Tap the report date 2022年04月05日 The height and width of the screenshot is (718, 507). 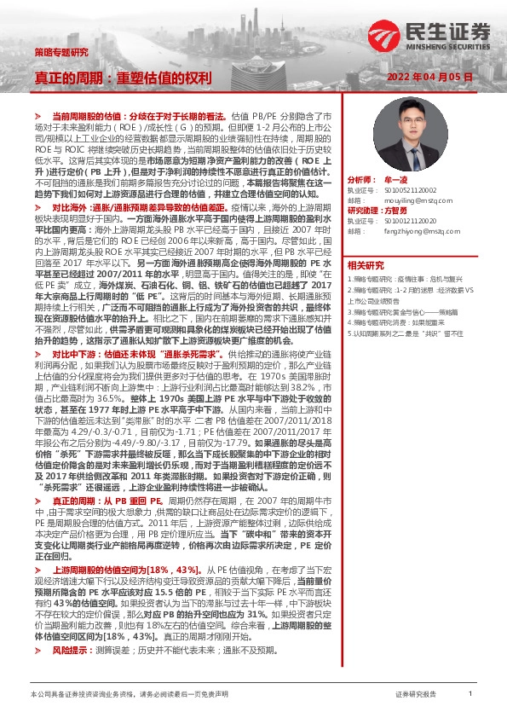click(435, 77)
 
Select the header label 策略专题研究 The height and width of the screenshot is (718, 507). click(60, 52)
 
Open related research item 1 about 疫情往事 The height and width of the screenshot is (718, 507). click(409, 278)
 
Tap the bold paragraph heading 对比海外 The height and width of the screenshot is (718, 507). click(75, 207)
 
